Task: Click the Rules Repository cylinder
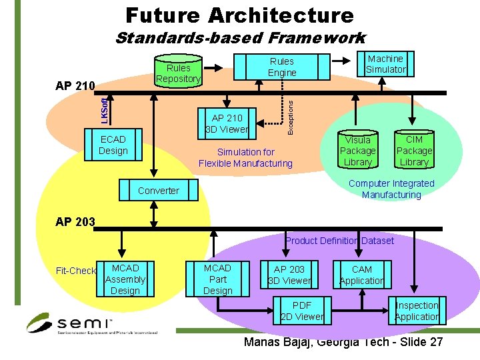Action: pyautogui.click(x=178, y=72)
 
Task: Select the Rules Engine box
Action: pyautogui.click(x=282, y=67)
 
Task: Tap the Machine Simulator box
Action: pyautogui.click(x=385, y=64)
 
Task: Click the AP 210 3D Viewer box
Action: pyautogui.click(x=227, y=123)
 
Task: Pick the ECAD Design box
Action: pyautogui.click(x=113, y=145)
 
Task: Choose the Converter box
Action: pyautogui.click(x=159, y=191)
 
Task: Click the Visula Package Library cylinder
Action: pyautogui.click(x=357, y=150)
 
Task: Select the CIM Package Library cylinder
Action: pyautogui.click(x=414, y=150)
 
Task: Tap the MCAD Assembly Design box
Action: pyautogui.click(x=125, y=279)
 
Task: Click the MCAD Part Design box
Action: pyautogui.click(x=217, y=279)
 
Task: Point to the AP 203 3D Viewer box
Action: pyautogui.click(x=289, y=275)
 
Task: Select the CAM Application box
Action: pyautogui.click(x=362, y=275)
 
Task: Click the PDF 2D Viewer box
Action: pyautogui.click(x=302, y=311)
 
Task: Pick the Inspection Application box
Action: pyautogui.click(x=417, y=311)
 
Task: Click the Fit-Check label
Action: pyautogui.click(x=75, y=271)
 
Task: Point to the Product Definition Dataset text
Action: pyautogui.click(x=339, y=240)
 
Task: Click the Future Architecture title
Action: pyautogui.click(x=239, y=15)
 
